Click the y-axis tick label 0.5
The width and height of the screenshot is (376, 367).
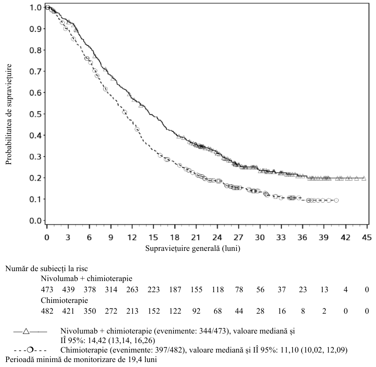(x=35, y=114)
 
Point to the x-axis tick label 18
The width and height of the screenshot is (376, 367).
(x=175, y=238)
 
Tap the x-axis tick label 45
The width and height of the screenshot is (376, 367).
(x=366, y=238)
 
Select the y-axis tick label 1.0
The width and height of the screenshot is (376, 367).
(x=35, y=7)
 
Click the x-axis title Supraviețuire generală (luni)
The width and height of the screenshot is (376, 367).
(x=193, y=248)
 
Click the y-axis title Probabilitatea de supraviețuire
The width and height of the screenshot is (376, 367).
(x=9, y=114)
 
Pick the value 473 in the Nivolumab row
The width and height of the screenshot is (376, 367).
(x=47, y=290)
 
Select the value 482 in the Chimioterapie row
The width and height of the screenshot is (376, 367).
(x=47, y=311)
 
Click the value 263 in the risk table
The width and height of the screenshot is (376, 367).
(x=132, y=290)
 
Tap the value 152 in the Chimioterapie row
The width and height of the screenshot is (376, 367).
(x=154, y=311)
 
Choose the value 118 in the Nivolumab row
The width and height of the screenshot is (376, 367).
(x=218, y=290)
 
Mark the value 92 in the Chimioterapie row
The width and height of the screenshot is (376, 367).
(x=196, y=311)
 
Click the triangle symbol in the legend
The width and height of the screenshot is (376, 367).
(x=26, y=331)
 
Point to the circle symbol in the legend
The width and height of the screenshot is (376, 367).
(x=30, y=350)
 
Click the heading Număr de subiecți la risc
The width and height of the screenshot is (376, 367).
(x=47, y=269)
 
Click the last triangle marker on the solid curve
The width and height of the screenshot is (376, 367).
(x=364, y=178)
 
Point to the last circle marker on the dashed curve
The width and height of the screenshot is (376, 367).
(x=336, y=200)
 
